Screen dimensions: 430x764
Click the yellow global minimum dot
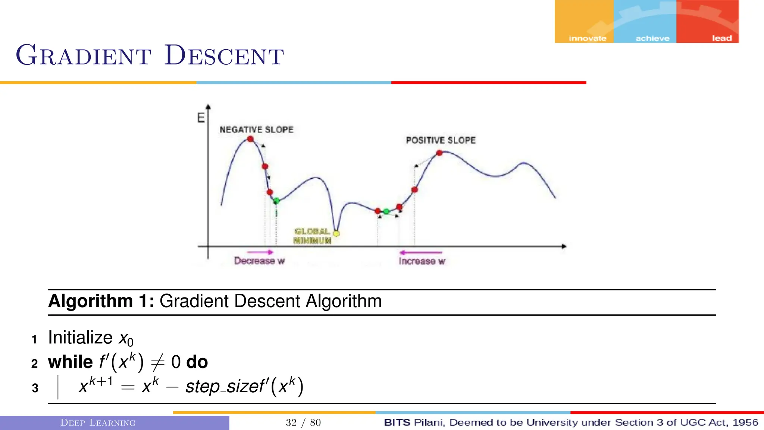tap(336, 234)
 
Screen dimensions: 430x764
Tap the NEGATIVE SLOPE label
tap(256, 130)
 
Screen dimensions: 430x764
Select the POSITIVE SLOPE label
tap(441, 140)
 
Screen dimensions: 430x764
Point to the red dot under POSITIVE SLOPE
tap(439, 153)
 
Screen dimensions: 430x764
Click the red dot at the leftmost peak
tap(251, 139)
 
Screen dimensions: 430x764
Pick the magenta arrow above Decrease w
tap(260, 252)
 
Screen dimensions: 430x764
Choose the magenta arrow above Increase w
tap(420, 253)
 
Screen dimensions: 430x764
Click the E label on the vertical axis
tap(201, 118)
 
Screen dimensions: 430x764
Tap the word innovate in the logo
tap(587, 38)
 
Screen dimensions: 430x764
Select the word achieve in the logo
tap(652, 38)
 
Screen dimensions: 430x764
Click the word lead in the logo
tap(722, 38)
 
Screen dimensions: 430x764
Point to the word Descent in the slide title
tap(224, 56)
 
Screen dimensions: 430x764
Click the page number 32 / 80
tap(303, 423)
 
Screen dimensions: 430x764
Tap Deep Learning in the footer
tap(98, 423)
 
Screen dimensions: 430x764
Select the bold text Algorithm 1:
tap(101, 301)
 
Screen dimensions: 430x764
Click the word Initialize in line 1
tap(80, 338)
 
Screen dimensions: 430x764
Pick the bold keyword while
tap(70, 362)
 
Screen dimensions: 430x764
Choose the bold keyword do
tap(197, 362)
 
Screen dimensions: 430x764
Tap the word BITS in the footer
tap(397, 423)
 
